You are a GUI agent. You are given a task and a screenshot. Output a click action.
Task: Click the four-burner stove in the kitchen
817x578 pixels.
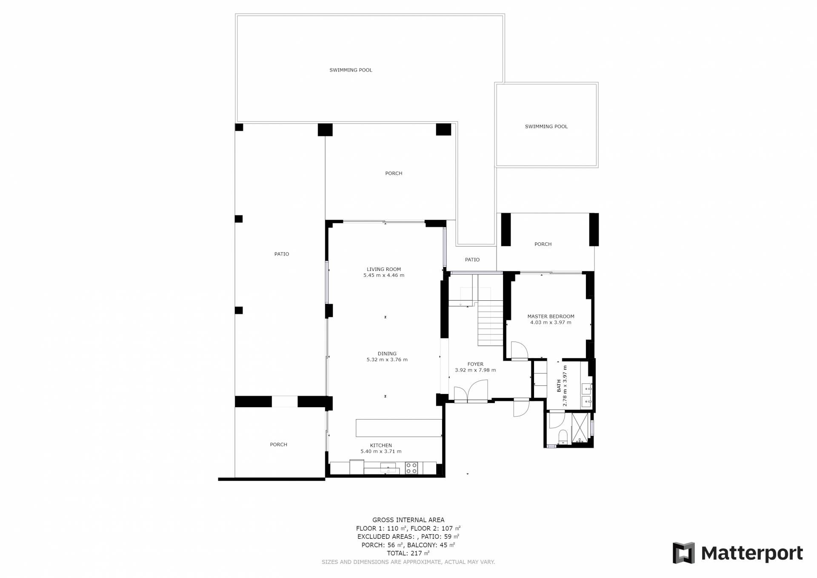click(411, 468)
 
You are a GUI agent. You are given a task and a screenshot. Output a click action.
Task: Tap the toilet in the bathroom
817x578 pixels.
click(563, 437)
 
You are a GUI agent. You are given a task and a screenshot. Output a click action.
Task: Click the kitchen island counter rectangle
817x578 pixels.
click(399, 428)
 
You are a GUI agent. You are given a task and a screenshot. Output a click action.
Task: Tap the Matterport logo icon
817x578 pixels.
click(683, 553)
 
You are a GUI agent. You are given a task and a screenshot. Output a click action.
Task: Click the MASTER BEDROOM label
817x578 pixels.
click(551, 316)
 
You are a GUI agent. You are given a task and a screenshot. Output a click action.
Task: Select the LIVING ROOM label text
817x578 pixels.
click(384, 269)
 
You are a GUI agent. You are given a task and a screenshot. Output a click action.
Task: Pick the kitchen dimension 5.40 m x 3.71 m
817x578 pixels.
click(381, 451)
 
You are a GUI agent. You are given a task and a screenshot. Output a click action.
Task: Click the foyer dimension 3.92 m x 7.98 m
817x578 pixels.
click(475, 370)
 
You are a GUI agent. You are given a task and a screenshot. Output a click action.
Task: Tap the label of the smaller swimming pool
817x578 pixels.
click(546, 127)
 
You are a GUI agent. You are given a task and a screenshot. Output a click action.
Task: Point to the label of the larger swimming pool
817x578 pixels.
click(351, 70)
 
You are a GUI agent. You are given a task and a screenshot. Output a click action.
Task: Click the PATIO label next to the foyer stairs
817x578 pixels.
click(472, 260)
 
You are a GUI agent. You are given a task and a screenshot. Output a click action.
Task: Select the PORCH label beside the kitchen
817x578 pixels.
click(279, 445)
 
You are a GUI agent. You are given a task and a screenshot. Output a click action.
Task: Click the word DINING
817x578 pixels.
click(387, 354)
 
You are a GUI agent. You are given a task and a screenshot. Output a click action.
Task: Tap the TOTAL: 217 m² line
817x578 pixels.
click(408, 553)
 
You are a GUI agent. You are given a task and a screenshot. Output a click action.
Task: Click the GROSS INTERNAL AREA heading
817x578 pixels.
click(408, 520)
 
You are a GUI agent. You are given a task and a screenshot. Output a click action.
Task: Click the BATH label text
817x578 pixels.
click(559, 386)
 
